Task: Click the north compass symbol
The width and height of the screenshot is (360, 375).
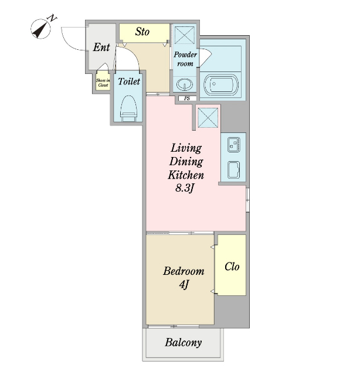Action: click(41, 29)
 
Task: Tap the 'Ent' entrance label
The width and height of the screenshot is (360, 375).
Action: click(101, 47)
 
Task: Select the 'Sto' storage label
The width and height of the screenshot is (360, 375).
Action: click(142, 32)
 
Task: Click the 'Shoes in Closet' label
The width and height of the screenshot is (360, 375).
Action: click(103, 83)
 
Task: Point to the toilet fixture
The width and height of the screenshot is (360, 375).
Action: click(129, 108)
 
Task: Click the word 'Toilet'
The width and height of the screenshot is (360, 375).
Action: click(129, 81)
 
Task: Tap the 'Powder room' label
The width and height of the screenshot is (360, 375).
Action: click(185, 59)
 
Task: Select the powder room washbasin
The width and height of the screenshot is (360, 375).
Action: click(185, 84)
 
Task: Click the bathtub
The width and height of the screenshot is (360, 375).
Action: click(220, 84)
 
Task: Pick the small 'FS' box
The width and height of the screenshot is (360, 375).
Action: click(188, 98)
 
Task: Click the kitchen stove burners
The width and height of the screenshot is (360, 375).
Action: click(234, 145)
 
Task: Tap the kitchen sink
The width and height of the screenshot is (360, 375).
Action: click(234, 170)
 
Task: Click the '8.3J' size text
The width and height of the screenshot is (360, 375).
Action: click(184, 188)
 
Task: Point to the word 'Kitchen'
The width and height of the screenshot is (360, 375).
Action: click(186, 175)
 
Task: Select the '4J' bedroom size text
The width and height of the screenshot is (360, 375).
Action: click(184, 285)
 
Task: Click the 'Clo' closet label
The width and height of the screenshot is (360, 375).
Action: click(232, 267)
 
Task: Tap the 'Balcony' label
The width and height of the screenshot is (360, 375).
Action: click(183, 342)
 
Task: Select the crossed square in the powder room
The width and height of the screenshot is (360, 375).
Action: click(184, 35)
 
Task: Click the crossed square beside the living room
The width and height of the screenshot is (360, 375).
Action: click(208, 118)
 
